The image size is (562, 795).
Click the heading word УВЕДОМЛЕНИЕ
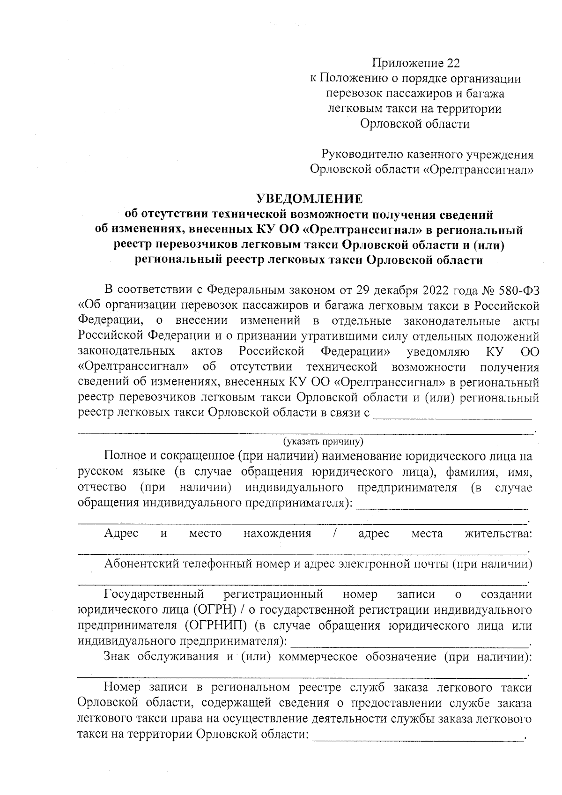click(309, 199)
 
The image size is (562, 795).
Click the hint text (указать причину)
click(323, 442)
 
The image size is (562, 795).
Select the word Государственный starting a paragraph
click(154, 594)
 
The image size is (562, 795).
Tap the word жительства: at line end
click(498, 534)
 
